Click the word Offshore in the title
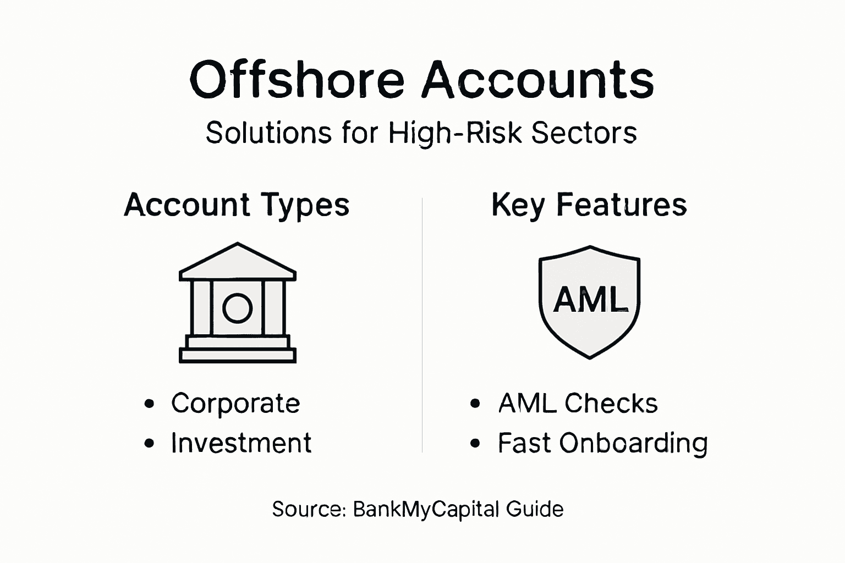pos(297,80)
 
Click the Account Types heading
pos(237,206)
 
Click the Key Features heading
pos(589,206)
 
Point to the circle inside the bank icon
pos(237,308)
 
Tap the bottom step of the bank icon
pos(238,356)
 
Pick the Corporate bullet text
pos(235,404)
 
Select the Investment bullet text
pos(241,443)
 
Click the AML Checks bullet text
pos(578,404)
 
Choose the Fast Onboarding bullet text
pos(602,444)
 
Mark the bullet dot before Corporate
pos(149,404)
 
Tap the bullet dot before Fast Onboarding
pos(476,444)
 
